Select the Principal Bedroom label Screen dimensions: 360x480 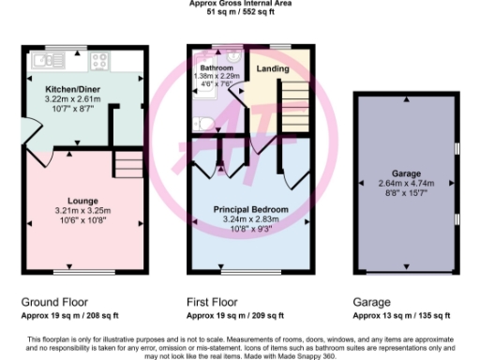pyautogui.click(x=249, y=209)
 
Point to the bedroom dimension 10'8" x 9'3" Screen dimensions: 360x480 pyautogui.click(x=249, y=228)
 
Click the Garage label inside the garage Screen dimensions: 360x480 pyautogui.click(x=405, y=174)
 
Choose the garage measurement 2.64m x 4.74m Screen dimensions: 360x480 pyautogui.click(x=405, y=184)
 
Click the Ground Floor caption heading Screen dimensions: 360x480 pyautogui.click(x=55, y=303)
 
